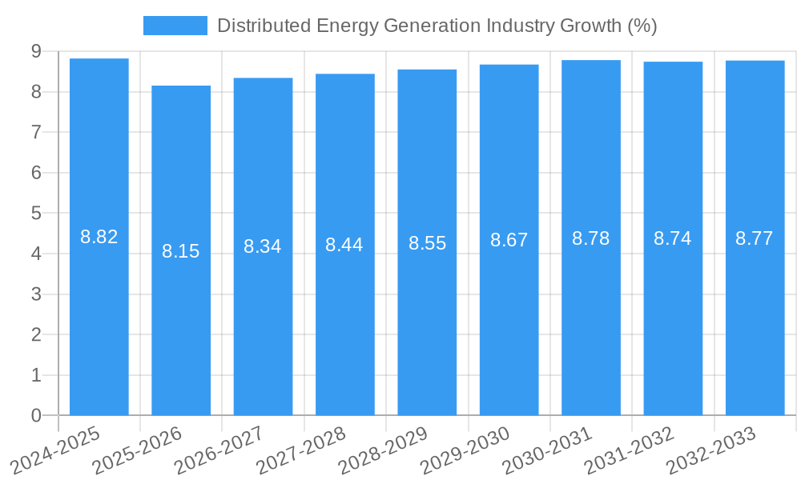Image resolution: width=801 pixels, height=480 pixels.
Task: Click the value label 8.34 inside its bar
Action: (263, 246)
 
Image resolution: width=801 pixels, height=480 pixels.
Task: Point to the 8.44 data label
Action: (344, 245)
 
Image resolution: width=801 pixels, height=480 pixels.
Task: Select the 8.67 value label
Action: (509, 240)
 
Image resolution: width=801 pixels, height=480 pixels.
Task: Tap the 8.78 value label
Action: (591, 238)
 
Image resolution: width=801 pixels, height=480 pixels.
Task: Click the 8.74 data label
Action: (673, 238)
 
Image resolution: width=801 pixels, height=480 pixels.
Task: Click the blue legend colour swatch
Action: (175, 26)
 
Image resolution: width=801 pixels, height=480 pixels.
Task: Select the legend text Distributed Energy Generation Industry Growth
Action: (437, 26)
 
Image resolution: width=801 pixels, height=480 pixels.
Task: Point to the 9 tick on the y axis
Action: (36, 51)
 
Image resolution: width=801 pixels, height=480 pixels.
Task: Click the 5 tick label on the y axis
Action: (36, 214)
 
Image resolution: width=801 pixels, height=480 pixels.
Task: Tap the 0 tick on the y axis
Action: (36, 416)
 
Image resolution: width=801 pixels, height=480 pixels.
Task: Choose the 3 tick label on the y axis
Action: (36, 294)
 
